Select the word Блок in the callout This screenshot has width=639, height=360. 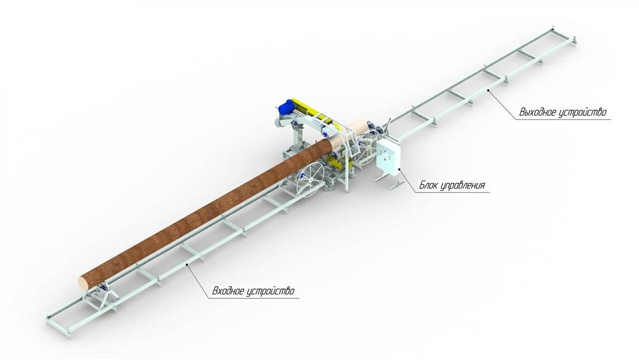coord(428,186)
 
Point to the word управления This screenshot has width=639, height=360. coord(463,186)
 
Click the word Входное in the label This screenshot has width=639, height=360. coord(227,291)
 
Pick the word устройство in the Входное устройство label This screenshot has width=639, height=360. coord(270,291)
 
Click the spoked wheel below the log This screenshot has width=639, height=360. coord(310,180)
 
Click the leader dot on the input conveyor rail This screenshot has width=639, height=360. coord(187,265)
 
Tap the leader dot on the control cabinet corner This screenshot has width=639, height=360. coord(399,169)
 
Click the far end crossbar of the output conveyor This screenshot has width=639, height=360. coord(565,34)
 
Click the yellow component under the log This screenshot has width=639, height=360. coord(337,164)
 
